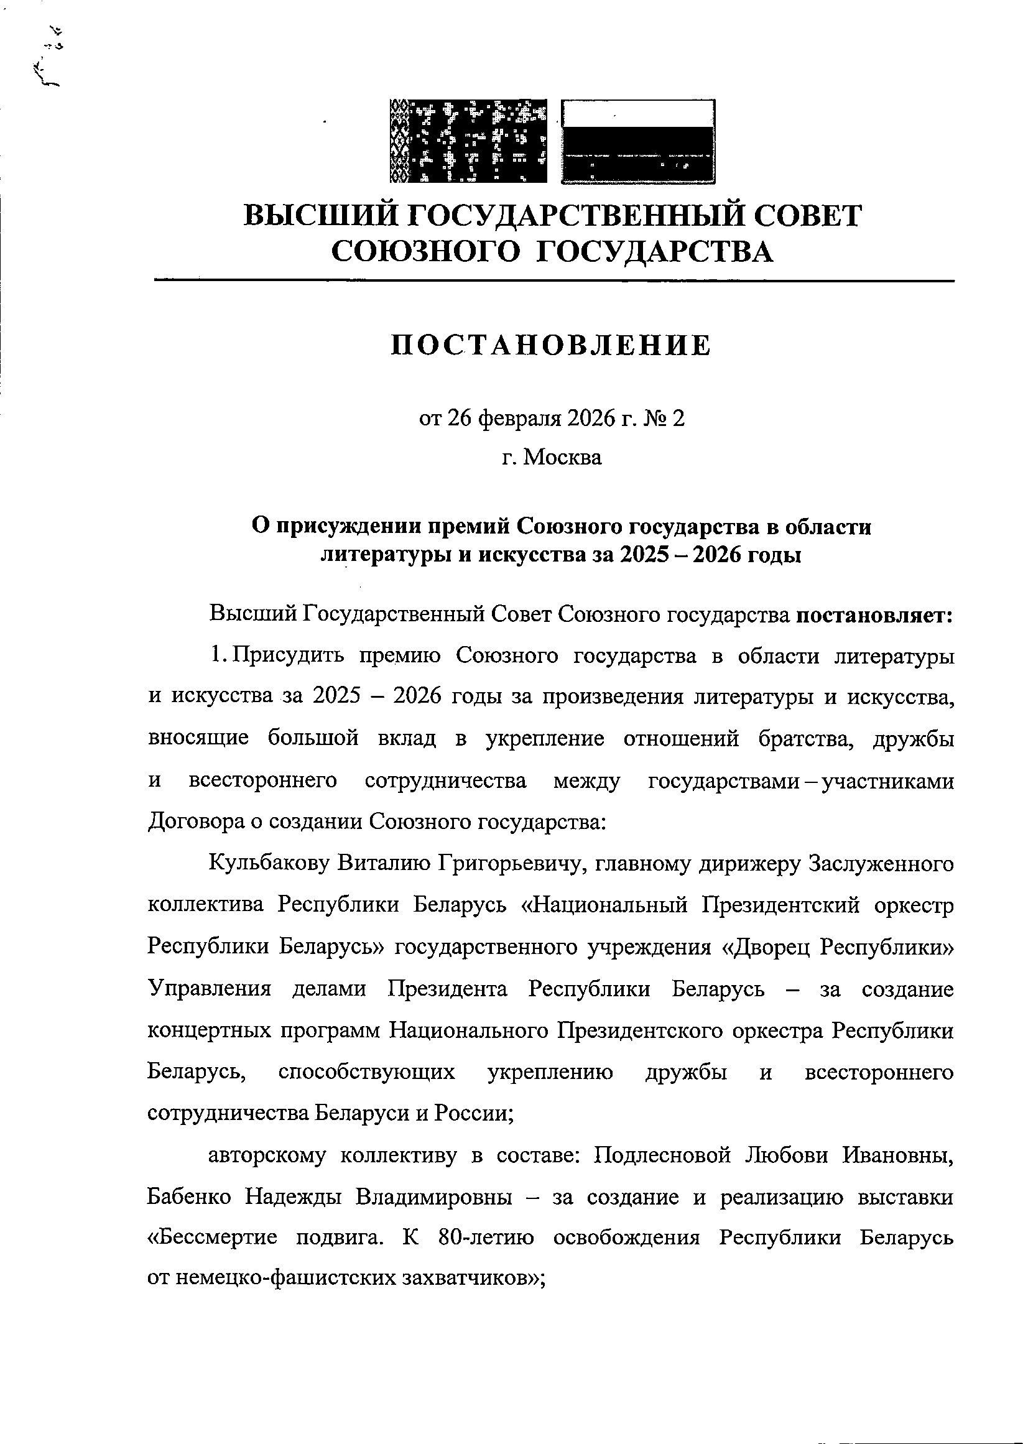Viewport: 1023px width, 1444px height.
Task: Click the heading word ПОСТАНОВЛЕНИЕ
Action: pyautogui.click(x=551, y=346)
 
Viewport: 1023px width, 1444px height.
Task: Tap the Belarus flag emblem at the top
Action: pyautogui.click(x=468, y=141)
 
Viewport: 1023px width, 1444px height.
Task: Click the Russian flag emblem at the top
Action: pyautogui.click(x=638, y=141)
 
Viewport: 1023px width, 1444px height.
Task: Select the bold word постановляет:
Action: pyautogui.click(x=875, y=614)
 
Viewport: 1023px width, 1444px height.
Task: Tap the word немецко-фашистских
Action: pyautogui.click(x=286, y=1278)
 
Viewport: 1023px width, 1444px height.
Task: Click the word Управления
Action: pyautogui.click(x=210, y=989)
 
